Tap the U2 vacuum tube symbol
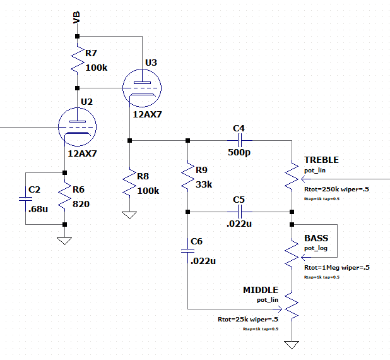pyautogui.click(x=78, y=126)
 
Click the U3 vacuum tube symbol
pyautogui.click(x=140, y=85)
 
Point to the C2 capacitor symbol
pyautogui.click(x=26, y=198)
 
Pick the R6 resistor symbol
pyautogui.click(x=64, y=198)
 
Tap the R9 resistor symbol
pyautogui.click(x=187, y=176)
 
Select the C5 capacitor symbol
pyautogui.click(x=239, y=212)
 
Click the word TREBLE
pyautogui.click(x=321, y=160)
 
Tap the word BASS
pyautogui.click(x=316, y=238)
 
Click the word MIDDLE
pyautogui.click(x=260, y=290)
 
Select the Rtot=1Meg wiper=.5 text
pyautogui.click(x=336, y=267)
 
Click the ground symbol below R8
pyautogui.click(x=129, y=216)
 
